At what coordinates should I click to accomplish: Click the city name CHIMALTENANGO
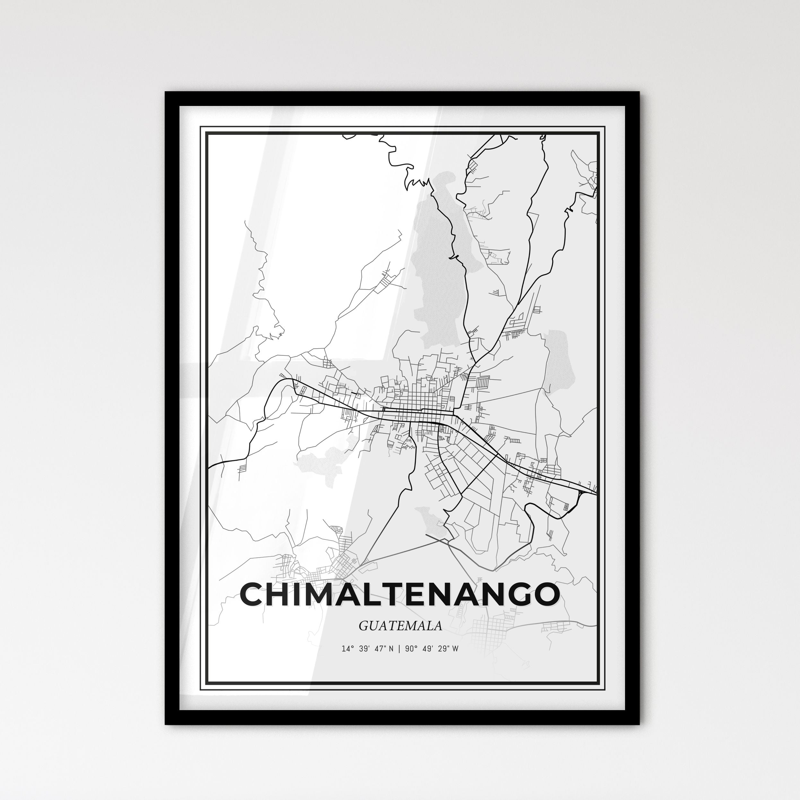(400, 594)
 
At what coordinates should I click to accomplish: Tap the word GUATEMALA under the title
(400, 626)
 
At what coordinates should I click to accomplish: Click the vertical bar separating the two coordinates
(399, 649)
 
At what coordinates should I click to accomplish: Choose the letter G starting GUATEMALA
(363, 626)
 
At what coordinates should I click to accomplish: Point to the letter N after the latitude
(391, 649)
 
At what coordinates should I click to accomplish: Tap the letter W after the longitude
(455, 649)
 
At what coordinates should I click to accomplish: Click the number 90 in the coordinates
(410, 649)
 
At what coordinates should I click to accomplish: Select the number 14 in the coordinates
(345, 649)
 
